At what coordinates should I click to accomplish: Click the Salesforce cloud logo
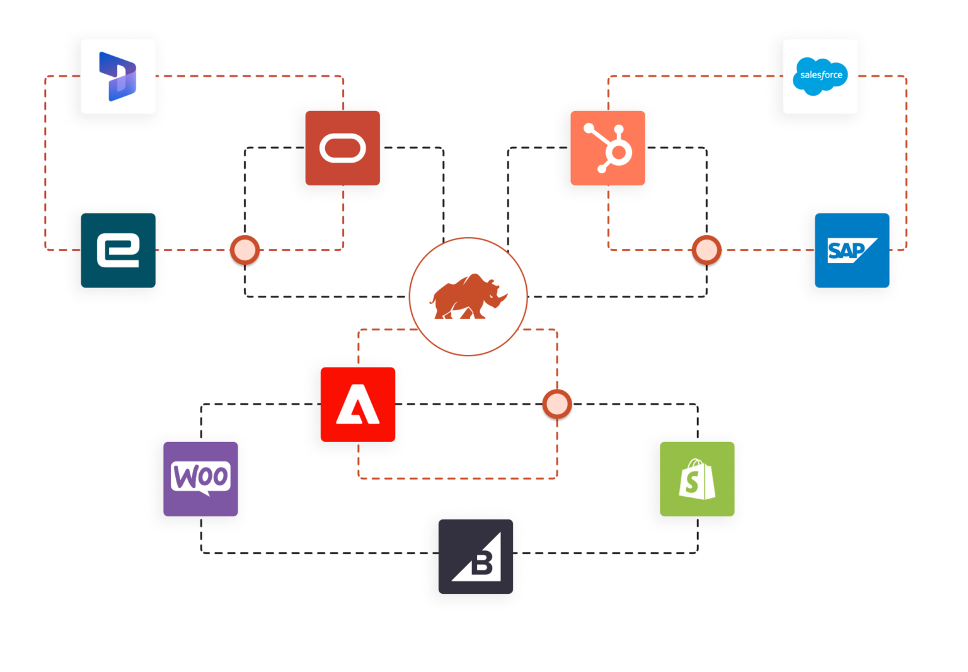821,76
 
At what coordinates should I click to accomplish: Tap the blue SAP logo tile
851,251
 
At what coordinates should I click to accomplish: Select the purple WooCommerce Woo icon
200,478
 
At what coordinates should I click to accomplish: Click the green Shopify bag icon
697,479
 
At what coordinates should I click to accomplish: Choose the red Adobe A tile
357,404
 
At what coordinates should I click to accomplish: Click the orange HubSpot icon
608,148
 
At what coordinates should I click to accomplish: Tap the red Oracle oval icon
342,148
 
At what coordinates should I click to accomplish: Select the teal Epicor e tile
118,250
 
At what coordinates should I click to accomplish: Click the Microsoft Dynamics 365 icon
118,76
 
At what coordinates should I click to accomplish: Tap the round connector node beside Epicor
245,251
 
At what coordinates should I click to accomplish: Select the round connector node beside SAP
706,251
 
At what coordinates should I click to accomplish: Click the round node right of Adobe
557,405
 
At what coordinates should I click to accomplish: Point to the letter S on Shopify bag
692,483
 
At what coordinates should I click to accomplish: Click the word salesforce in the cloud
821,75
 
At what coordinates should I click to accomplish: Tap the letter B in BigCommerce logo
482,562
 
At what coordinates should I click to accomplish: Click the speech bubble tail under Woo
203,492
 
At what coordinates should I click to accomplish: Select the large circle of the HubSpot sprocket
618,152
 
